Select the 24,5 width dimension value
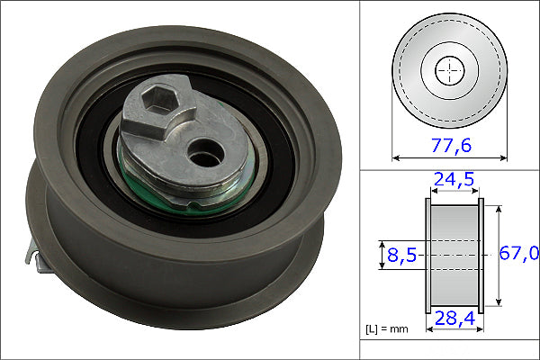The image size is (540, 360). (452, 182)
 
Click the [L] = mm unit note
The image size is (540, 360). (387, 329)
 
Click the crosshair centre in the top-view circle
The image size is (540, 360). (450, 69)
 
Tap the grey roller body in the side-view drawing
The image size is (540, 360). (453, 256)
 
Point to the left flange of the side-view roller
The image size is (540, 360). (427, 256)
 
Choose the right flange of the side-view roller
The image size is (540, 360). (480, 256)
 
